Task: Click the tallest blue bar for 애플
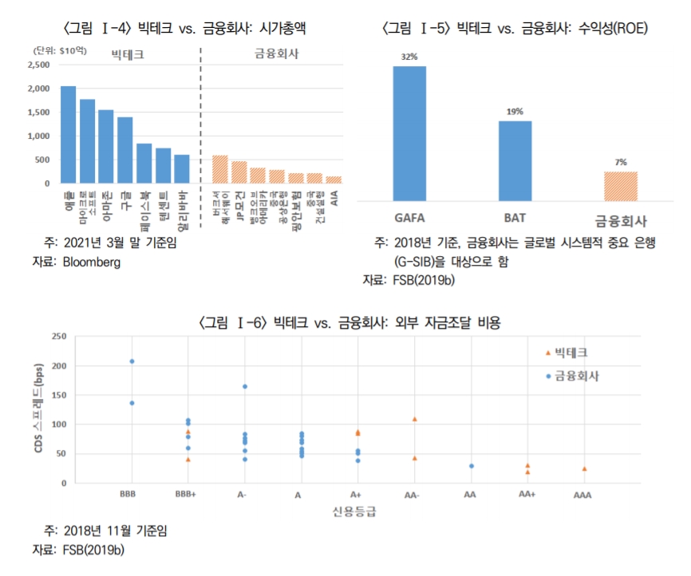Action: tap(69, 134)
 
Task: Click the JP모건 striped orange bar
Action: tap(239, 172)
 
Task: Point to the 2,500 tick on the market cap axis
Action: tap(38, 65)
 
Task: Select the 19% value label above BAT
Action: tap(515, 112)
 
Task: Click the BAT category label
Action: tap(515, 217)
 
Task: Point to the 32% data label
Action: tap(409, 57)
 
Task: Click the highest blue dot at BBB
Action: tap(132, 361)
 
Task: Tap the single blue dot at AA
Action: tap(472, 466)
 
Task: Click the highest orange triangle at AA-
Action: tap(415, 419)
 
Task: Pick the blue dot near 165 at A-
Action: tap(245, 387)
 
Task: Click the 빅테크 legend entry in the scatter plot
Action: tap(570, 352)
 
